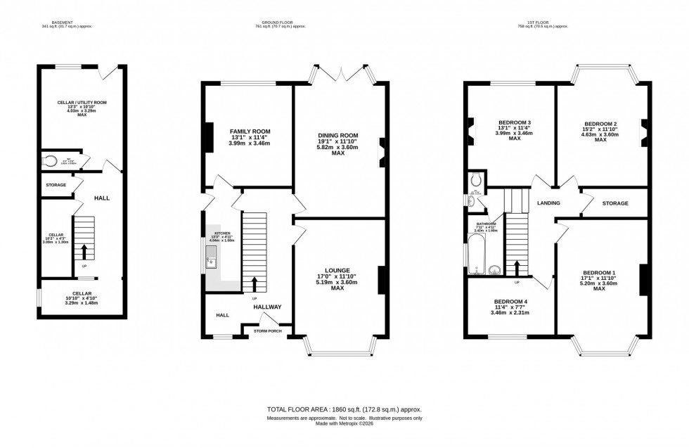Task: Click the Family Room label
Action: coord(250,132)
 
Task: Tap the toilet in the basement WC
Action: coord(50,160)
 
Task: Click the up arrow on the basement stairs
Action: coord(84,251)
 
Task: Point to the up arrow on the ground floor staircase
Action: coord(254,284)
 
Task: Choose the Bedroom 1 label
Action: coord(599,273)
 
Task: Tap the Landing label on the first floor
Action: coord(548,203)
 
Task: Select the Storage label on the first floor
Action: coord(615,203)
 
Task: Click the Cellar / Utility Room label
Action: coord(82,103)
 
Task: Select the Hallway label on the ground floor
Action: coord(267,307)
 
